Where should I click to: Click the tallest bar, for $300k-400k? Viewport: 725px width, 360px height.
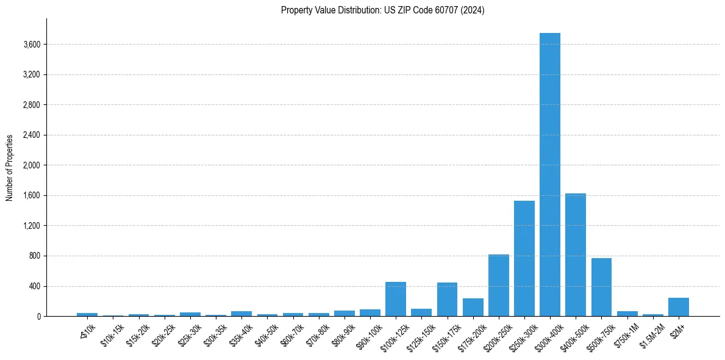(x=549, y=175)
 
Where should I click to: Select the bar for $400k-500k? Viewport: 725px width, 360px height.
(x=575, y=255)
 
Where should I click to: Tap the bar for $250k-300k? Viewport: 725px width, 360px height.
(x=524, y=259)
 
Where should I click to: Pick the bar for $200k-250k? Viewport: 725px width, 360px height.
(x=498, y=286)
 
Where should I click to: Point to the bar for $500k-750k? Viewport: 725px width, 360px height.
(x=601, y=287)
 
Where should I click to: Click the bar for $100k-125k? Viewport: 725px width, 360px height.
(x=395, y=299)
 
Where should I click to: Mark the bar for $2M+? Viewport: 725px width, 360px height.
(x=678, y=307)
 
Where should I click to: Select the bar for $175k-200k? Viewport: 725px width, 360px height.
(x=473, y=308)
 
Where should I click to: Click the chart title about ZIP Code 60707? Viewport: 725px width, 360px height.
(x=382, y=10)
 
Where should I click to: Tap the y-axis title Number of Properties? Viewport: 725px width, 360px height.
(x=10, y=168)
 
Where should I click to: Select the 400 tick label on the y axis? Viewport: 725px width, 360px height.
(x=34, y=286)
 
